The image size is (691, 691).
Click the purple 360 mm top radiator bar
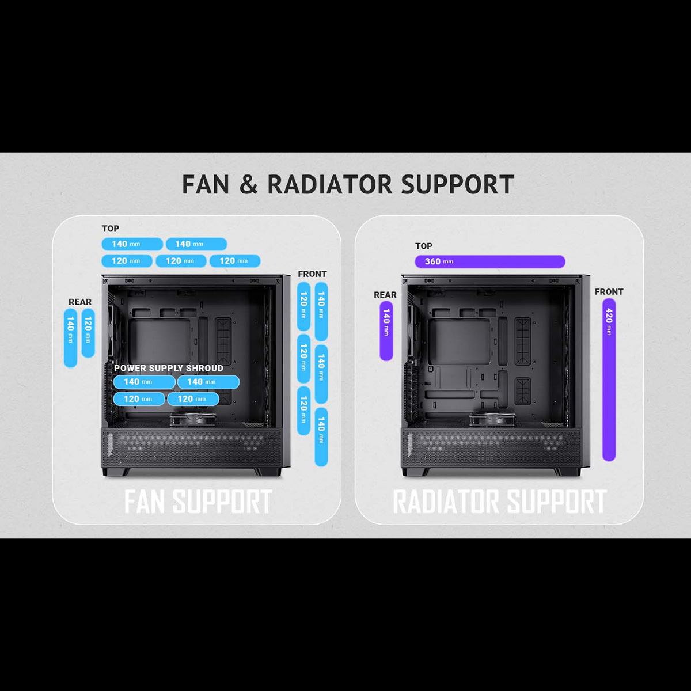490,261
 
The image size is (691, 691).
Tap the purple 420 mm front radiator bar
609,379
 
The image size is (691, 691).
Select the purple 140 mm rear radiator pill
386,331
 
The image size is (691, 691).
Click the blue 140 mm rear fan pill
70,338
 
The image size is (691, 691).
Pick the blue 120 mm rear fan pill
88,333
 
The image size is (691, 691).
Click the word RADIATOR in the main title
330,185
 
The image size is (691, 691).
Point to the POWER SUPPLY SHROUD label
169,369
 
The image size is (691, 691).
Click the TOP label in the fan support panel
111,229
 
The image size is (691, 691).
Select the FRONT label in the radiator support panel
609,292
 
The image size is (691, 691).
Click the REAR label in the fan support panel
80,302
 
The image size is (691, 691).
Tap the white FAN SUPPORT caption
198,501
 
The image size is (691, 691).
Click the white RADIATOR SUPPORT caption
499,501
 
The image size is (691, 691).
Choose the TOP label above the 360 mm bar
424,246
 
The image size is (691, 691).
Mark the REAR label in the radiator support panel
385,295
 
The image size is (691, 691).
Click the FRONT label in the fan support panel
312,274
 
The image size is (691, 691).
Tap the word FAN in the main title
206,185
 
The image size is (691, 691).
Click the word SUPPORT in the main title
458,185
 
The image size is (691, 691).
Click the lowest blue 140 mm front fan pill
321,436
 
